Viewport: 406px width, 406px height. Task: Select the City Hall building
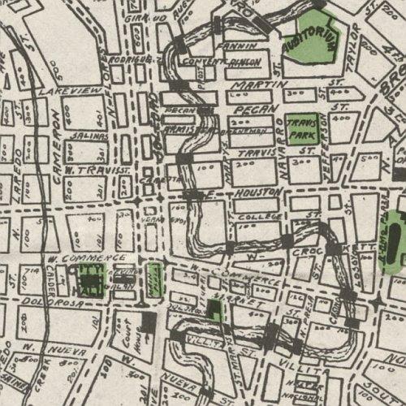[90, 280]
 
